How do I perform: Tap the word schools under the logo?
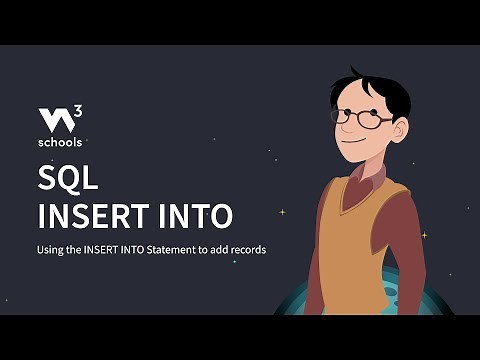(x=61, y=142)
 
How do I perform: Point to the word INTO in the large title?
(x=195, y=216)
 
